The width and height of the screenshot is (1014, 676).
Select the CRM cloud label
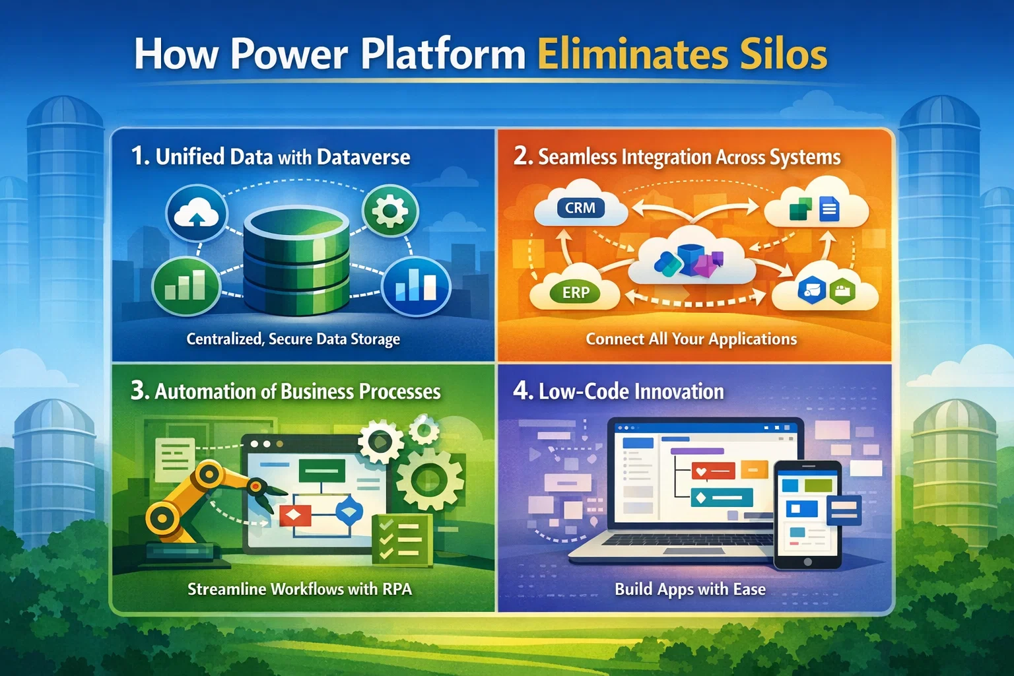(580, 208)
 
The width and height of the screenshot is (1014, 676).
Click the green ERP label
(576, 292)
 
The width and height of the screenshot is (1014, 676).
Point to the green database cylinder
(296, 261)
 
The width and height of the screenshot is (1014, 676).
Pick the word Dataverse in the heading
(363, 157)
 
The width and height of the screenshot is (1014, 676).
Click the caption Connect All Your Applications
(691, 339)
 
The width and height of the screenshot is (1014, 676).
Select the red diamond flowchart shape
(295, 515)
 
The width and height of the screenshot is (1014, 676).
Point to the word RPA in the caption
(397, 589)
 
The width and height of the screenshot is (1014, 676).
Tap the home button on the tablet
(807, 562)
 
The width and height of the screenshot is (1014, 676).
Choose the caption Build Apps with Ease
(690, 589)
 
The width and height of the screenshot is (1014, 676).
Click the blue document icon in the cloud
(828, 210)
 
